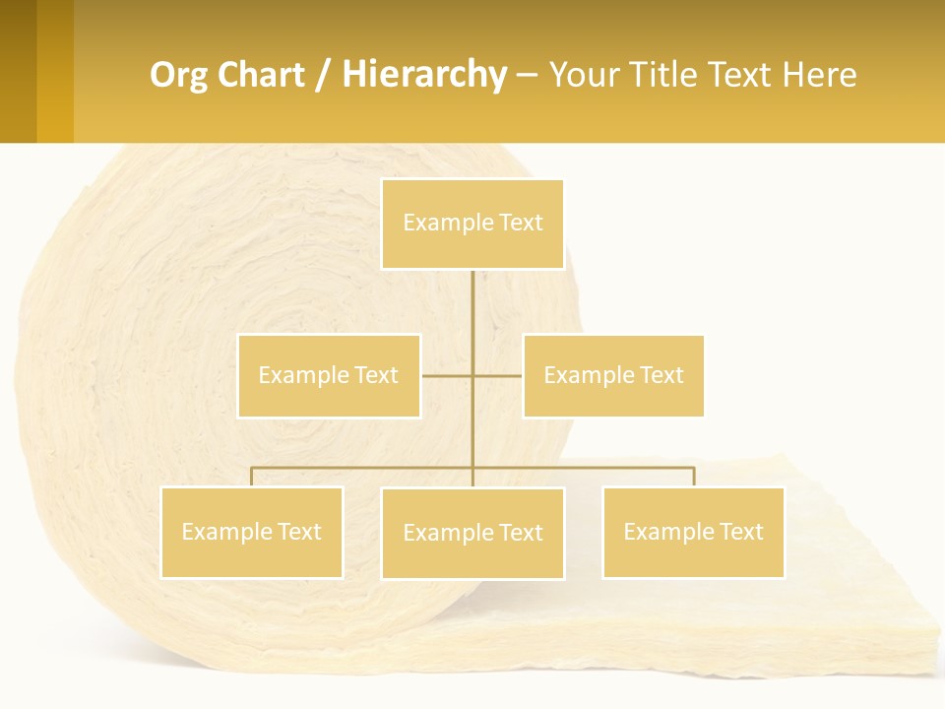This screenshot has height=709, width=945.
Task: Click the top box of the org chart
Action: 472,224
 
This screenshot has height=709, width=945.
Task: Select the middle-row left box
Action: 329,375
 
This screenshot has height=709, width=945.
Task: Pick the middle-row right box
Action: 613,375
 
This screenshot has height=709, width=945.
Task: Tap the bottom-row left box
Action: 252,532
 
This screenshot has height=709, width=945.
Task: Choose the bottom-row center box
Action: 472,533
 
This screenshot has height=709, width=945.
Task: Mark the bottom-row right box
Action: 693,532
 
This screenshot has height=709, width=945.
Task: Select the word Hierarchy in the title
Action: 424,75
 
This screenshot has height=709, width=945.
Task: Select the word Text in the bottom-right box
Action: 740,532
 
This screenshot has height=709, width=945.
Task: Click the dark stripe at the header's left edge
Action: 18,71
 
